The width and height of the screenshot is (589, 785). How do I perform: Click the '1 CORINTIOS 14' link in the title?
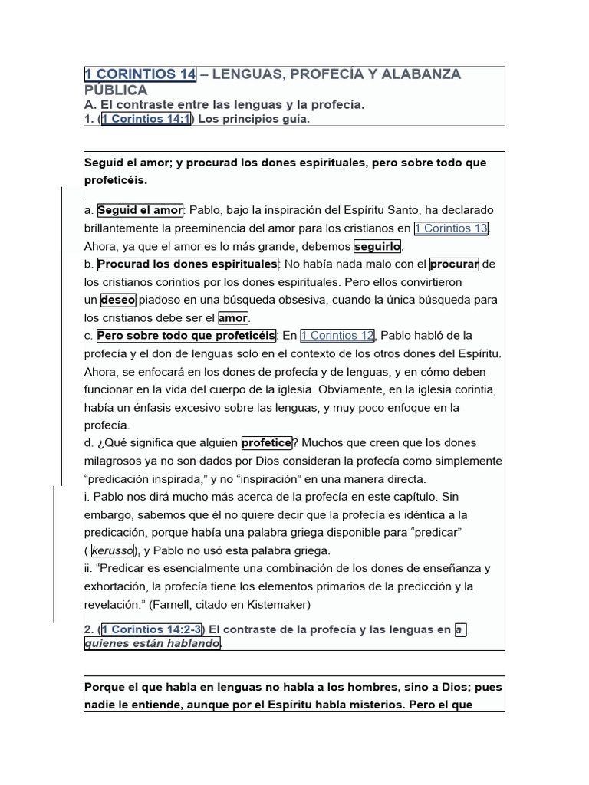140,74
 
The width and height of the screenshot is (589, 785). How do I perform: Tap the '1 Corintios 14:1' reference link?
146,119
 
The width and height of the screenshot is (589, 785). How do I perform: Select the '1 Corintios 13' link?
451,228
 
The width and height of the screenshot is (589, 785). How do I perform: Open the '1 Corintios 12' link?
337,336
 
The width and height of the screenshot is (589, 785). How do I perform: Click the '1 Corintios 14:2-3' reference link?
152,629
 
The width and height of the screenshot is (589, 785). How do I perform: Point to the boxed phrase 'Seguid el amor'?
140,210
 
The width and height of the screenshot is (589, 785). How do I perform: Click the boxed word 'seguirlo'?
378,247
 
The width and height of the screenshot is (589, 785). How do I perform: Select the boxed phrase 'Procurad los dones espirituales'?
187,264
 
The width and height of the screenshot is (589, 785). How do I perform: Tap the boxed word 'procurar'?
454,264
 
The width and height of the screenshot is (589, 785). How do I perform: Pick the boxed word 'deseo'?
117,300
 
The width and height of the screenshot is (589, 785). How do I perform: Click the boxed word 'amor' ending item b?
233,318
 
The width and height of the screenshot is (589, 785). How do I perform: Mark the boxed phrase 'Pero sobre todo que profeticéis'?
186,336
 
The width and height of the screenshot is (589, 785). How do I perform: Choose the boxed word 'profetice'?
267,443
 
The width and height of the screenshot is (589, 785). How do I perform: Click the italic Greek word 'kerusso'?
113,550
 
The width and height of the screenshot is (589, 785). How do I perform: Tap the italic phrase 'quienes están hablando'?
152,644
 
